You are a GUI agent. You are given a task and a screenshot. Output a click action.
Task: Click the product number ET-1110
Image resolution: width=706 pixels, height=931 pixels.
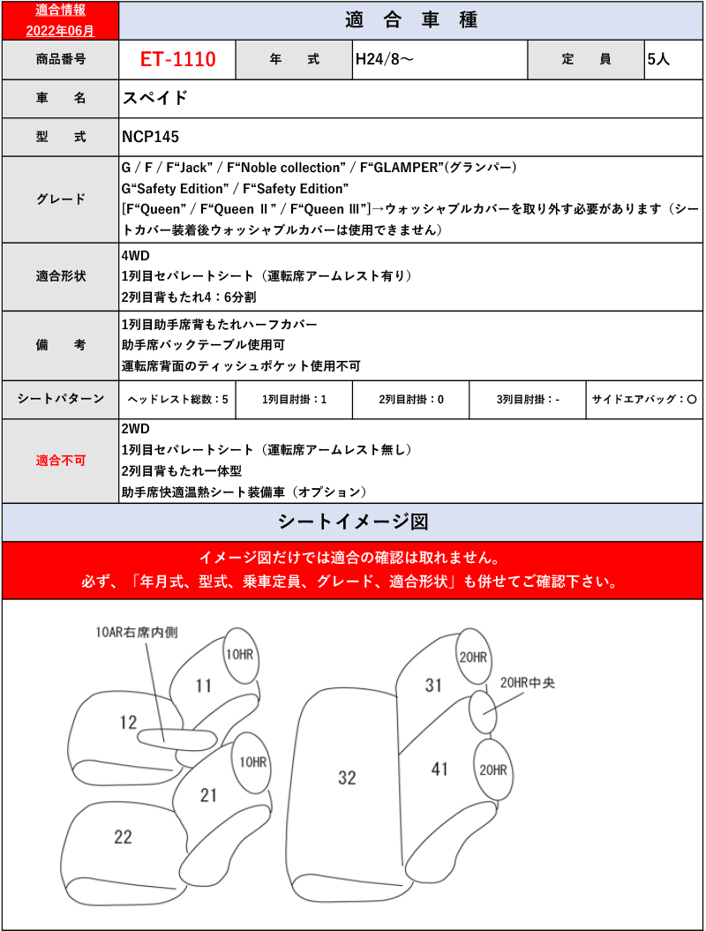pos(177,60)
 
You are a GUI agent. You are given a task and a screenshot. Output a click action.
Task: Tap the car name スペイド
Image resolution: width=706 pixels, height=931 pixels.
pos(154,98)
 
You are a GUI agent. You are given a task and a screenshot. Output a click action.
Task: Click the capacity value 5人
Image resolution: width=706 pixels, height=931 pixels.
pos(658,60)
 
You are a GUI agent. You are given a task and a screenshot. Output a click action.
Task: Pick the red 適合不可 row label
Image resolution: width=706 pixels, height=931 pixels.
pos(60,461)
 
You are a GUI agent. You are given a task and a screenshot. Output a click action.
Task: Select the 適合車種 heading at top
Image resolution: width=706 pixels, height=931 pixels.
pos(411,20)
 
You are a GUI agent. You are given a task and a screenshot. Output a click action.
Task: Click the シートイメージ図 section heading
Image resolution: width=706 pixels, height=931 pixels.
pos(353,522)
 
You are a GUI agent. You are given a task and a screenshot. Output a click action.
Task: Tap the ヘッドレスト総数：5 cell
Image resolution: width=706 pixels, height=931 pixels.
pos(177,400)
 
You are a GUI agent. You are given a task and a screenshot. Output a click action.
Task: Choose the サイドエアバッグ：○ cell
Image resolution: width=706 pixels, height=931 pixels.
pos(645,400)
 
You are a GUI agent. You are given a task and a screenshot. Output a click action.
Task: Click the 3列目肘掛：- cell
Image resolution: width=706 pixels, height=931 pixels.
pos(528,400)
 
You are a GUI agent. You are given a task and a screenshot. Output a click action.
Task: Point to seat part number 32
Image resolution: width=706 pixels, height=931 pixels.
pos(347,777)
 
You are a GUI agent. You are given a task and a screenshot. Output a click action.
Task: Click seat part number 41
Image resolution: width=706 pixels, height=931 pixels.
pos(439,769)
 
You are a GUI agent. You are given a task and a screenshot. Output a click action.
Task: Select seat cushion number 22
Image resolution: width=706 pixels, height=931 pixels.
pos(123,837)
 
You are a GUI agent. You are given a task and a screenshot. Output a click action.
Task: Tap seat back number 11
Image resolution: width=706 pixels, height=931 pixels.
pos(204,686)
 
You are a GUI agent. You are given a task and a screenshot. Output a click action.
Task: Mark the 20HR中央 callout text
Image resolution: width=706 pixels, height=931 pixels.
pos(527,682)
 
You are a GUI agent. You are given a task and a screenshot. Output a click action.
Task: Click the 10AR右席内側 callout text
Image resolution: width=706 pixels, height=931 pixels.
pos(137,632)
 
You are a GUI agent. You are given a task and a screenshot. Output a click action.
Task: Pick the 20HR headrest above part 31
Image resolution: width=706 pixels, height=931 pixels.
pos(472,657)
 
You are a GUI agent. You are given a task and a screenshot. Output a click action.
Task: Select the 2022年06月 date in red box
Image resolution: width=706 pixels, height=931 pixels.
pos(60,29)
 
